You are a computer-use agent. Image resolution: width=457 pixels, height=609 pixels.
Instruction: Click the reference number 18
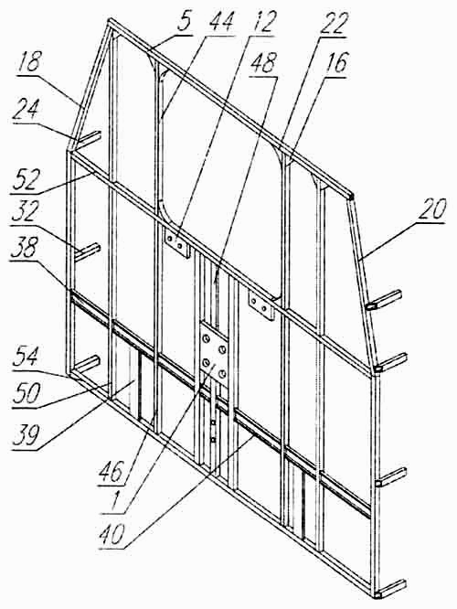30,62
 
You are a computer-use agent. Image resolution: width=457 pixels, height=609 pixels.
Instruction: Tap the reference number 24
26,111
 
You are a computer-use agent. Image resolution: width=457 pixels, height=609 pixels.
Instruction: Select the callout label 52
26,179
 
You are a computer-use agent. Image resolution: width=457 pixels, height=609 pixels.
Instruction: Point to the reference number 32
25,212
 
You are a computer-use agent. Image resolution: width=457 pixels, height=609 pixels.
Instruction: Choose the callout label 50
26,394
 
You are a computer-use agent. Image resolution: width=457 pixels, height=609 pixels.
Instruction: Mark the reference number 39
26,436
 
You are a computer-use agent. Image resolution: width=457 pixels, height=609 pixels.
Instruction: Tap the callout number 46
112,472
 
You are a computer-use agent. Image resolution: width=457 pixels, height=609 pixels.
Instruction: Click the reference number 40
112,535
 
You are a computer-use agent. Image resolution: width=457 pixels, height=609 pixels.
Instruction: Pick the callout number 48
263,64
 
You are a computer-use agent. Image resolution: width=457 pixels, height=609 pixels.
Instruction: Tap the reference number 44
220,22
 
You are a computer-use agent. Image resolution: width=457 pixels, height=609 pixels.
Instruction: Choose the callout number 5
184,22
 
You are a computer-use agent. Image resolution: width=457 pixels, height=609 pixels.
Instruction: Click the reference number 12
262,23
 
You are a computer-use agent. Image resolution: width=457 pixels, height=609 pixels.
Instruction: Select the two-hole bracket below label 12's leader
177,245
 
